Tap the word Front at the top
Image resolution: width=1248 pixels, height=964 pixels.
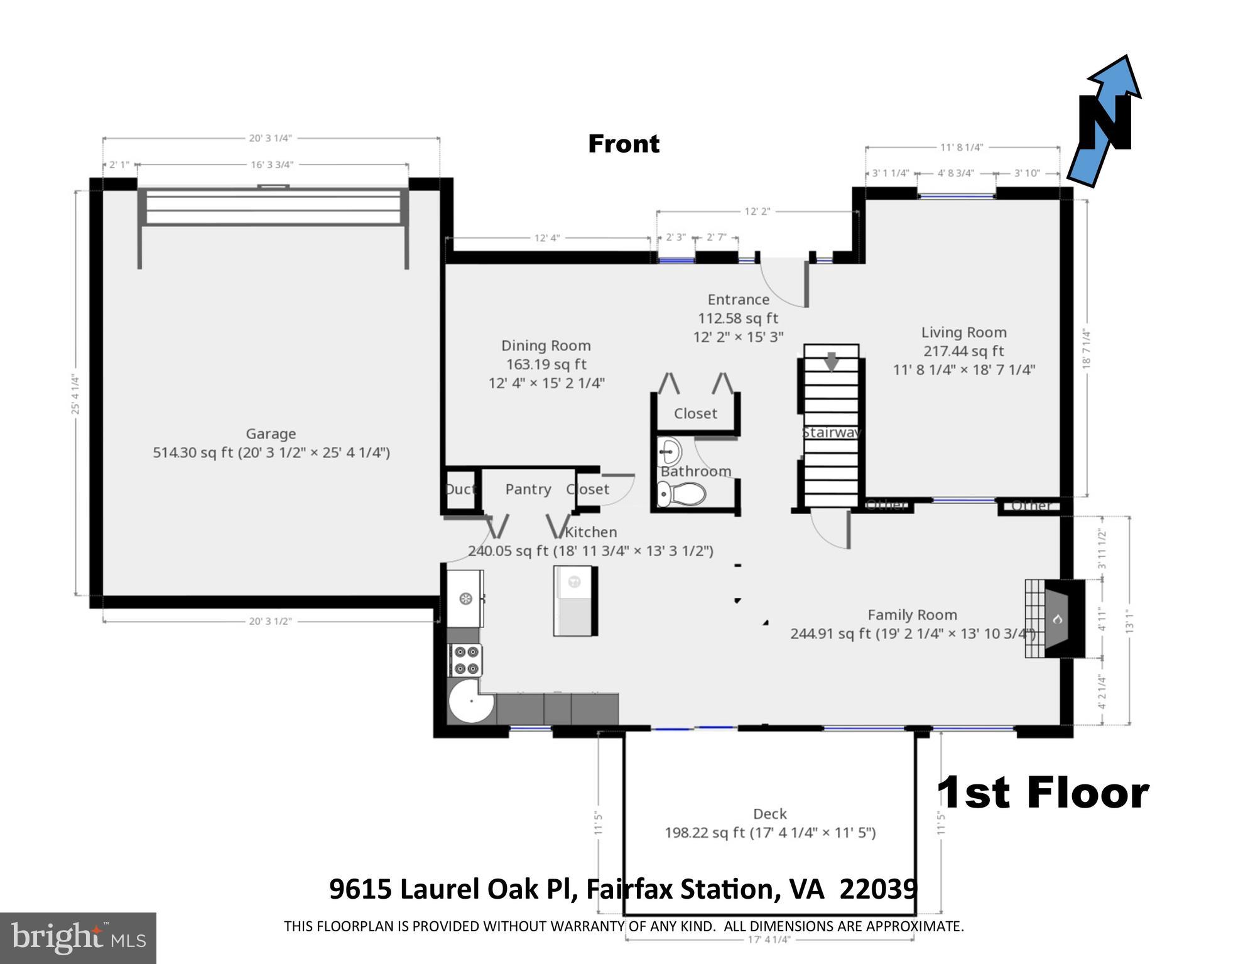pyautogui.click(x=623, y=144)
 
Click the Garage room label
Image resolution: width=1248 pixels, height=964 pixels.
pyautogui.click(x=271, y=434)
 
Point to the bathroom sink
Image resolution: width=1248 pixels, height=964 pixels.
pyautogui.click(x=670, y=451)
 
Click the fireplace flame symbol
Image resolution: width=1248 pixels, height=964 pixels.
pyautogui.click(x=1057, y=619)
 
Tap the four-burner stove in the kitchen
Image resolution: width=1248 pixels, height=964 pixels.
pyautogui.click(x=465, y=660)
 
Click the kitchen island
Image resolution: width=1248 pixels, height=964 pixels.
pyautogui.click(x=575, y=601)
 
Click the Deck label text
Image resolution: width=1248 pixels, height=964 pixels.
pyautogui.click(x=769, y=814)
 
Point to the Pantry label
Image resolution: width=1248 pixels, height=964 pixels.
pyautogui.click(x=528, y=489)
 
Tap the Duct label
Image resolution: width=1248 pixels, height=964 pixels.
pyautogui.click(x=460, y=489)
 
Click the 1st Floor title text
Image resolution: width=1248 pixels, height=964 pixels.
pyautogui.click(x=1043, y=793)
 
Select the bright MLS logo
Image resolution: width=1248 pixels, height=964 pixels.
pyautogui.click(x=78, y=938)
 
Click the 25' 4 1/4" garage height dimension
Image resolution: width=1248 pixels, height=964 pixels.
pyautogui.click(x=75, y=394)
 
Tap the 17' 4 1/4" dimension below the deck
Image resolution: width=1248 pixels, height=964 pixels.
pyautogui.click(x=769, y=940)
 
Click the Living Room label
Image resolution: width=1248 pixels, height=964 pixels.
pyautogui.click(x=963, y=333)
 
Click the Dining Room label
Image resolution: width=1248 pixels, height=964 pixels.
pyautogui.click(x=546, y=346)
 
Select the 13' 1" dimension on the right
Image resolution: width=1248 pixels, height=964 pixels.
pyautogui.click(x=1130, y=621)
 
